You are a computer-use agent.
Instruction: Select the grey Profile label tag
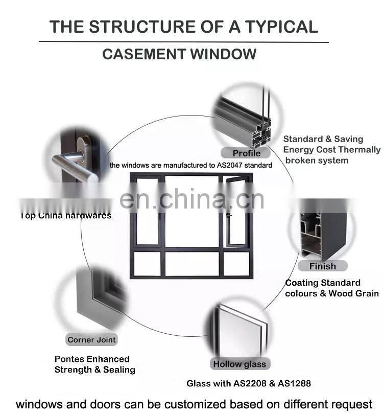[246, 153]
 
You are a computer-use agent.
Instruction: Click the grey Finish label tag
[322, 266]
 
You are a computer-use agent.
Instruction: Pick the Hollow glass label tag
[239, 364]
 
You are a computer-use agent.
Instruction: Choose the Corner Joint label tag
[91, 339]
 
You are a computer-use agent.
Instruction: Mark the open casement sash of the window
[235, 210]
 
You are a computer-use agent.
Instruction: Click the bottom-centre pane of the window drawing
[192, 263]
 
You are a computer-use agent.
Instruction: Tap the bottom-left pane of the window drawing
[147, 263]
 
